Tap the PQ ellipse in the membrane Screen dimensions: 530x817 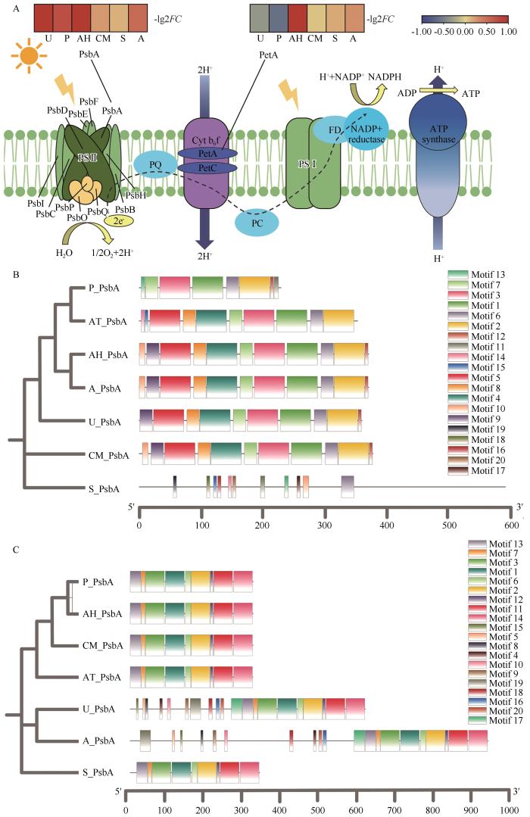pyautogui.click(x=155, y=164)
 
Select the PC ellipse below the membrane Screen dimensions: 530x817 pyautogui.click(x=257, y=223)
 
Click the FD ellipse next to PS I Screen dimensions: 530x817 pyautogui.click(x=335, y=129)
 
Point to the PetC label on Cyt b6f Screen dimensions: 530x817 pyautogui.click(x=207, y=168)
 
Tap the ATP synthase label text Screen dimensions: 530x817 pyautogui.click(x=439, y=134)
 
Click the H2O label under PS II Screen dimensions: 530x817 pyautogui.click(x=64, y=253)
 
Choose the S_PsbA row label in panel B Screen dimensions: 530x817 pyautogui.click(x=104, y=488)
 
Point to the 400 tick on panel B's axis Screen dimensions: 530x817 pyautogui.click(x=387, y=525)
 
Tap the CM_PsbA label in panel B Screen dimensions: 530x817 pyautogui.click(x=108, y=455)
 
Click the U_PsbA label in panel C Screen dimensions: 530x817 pyautogui.click(x=98, y=709)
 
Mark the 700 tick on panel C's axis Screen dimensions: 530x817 pyautogui.click(x=395, y=809)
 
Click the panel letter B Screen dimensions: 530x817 pyautogui.click(x=16, y=274)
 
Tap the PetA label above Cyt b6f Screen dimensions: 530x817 pyautogui.click(x=268, y=55)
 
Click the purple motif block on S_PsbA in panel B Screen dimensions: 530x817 pyautogui.click(x=348, y=486)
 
